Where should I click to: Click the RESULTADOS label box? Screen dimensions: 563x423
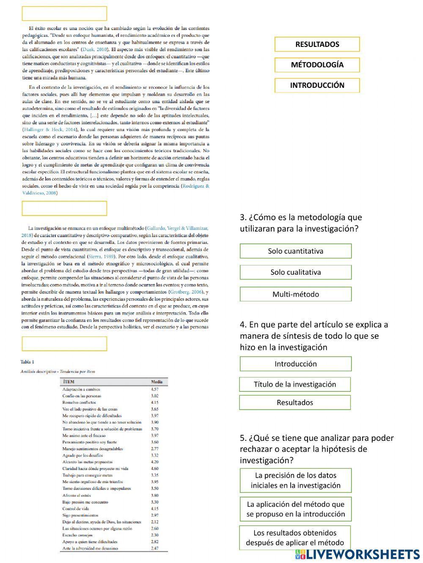click(x=317, y=44)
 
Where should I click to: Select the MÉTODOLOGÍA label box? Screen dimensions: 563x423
click(x=317, y=65)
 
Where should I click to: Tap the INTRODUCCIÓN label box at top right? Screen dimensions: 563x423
click(x=317, y=85)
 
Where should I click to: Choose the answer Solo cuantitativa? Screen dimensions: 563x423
click(x=295, y=251)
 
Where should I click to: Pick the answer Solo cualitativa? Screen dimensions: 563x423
click(x=295, y=273)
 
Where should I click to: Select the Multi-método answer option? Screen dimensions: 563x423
click(x=295, y=294)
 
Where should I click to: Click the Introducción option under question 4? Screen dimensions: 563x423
click(x=295, y=364)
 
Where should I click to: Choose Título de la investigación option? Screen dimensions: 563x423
click(x=295, y=384)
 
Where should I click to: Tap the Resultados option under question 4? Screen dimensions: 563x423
click(x=295, y=402)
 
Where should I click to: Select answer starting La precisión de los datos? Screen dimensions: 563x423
click(x=295, y=481)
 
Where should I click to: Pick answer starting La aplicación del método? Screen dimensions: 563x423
click(x=295, y=509)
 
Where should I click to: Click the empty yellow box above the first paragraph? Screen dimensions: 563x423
click(x=64, y=14)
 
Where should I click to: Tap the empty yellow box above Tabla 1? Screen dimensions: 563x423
click(x=64, y=344)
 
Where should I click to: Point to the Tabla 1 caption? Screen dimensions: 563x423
click(x=27, y=362)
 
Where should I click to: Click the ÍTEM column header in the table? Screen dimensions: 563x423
click(x=68, y=382)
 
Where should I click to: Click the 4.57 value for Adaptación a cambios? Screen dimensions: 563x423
click(x=155, y=389)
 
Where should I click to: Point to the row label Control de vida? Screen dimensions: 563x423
click(x=76, y=509)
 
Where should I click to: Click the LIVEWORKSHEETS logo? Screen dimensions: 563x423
click(x=357, y=555)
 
